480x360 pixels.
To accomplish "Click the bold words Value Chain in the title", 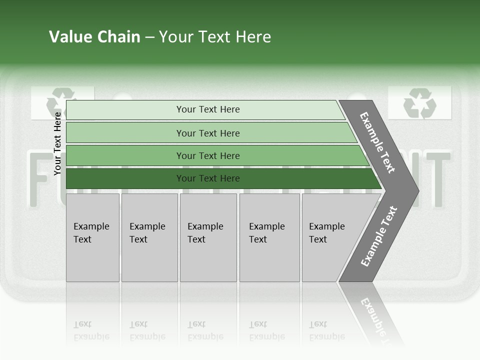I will tap(94, 37).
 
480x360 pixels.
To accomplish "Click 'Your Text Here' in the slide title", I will tap(215, 37).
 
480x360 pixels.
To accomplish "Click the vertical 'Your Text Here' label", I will tap(57, 144).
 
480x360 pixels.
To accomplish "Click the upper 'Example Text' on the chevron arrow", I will tap(377, 142).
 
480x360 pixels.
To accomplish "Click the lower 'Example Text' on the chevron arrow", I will tap(378, 236).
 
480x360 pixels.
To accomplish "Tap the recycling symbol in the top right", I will tap(419, 103).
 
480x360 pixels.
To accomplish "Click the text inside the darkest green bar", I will tap(208, 178).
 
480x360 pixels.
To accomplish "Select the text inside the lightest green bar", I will tap(208, 109).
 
